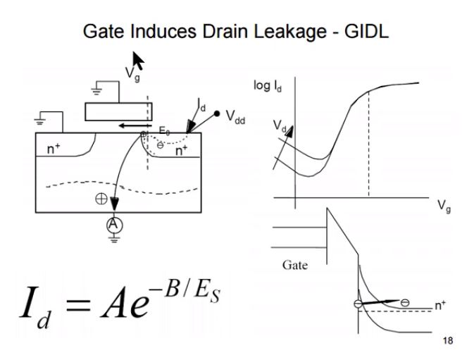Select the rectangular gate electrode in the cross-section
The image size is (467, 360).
point(118,111)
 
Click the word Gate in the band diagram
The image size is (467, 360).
point(294,267)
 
